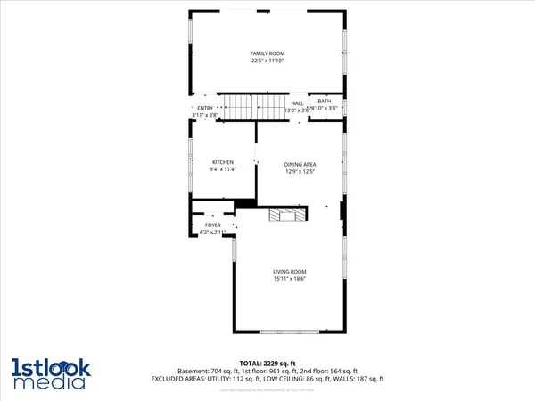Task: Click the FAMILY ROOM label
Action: (267, 54)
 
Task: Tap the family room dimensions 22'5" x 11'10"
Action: (267, 61)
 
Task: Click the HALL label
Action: (297, 103)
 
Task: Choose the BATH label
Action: (324, 102)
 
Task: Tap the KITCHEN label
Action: (222, 161)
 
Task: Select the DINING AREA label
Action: (300, 165)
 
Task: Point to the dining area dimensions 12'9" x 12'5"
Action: (300, 171)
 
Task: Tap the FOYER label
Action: (212, 225)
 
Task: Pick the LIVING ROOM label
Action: (290, 271)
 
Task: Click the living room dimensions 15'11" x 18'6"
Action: (290, 278)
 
